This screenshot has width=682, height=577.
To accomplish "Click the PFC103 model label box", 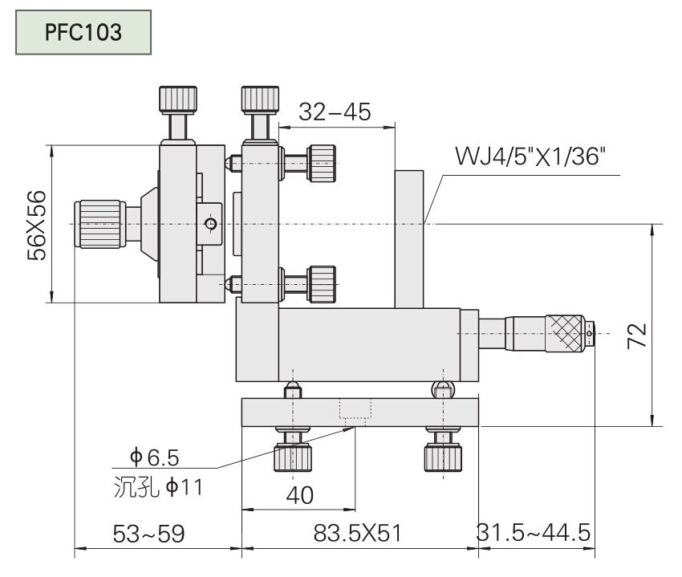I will point(83,32).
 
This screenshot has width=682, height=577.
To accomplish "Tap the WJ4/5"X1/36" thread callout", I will point(530,154).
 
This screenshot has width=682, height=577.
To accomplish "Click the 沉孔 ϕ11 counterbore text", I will point(156,486).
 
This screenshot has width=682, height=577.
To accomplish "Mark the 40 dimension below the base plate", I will point(299,494).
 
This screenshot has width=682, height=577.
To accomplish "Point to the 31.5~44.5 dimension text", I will point(534,533).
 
